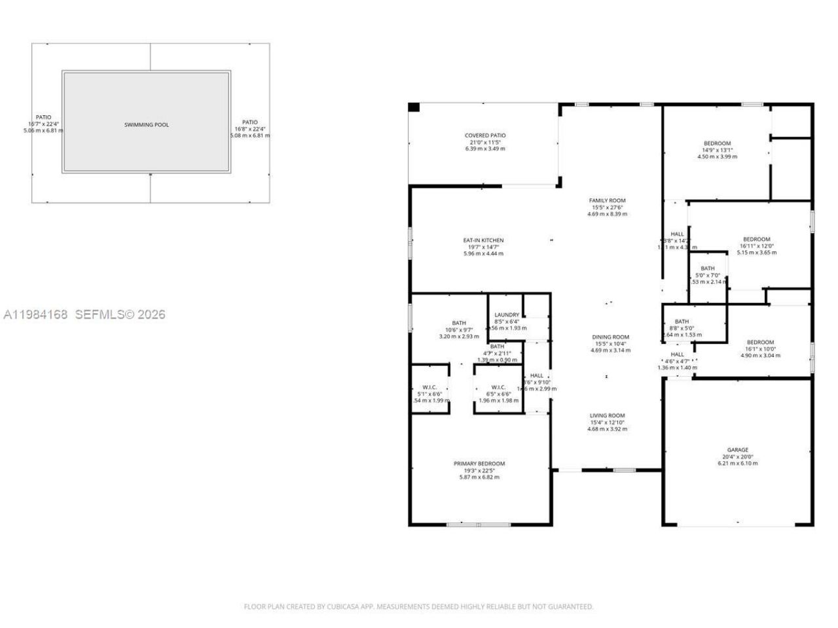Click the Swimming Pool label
(147, 124)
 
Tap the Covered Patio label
(485, 135)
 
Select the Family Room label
(608, 201)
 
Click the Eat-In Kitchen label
(483, 241)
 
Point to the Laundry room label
(507, 315)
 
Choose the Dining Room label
(610, 337)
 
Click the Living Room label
(608, 415)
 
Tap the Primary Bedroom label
(479, 464)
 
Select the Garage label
(737, 450)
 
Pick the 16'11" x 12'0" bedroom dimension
(756, 246)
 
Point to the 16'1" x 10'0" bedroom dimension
(760, 349)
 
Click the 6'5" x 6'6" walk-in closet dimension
(498, 394)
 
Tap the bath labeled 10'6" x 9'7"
(459, 330)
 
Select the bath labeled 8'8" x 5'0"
(682, 328)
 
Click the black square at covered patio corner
(414, 107)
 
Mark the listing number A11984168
(36, 315)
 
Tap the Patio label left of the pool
(43, 117)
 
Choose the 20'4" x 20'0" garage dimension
(737, 457)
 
